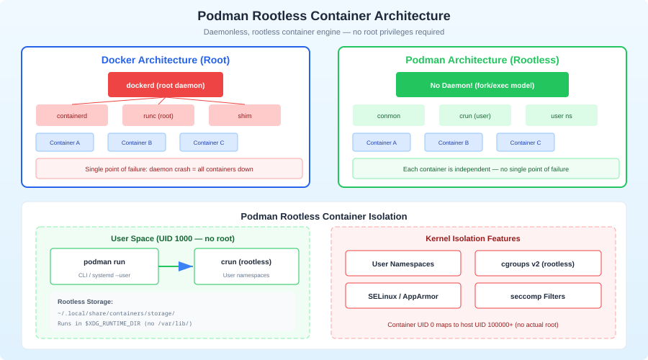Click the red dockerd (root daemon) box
[166, 85]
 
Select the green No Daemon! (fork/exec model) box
[482, 85]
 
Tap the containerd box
[72, 115]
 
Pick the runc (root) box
[158, 115]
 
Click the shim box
[245, 115]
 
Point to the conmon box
[389, 115]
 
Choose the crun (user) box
[475, 115]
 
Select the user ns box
[562, 115]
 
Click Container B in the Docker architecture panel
[137, 143]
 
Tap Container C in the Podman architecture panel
[526, 143]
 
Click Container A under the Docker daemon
[65, 143]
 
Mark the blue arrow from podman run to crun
[176, 266]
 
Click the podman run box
[104, 266]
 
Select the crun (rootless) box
[246, 266]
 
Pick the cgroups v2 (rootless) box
[538, 264]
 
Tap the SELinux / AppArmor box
[403, 296]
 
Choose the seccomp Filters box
[538, 296]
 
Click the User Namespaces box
[403, 264]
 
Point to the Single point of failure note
[169, 169]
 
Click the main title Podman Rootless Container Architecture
[324, 16]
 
